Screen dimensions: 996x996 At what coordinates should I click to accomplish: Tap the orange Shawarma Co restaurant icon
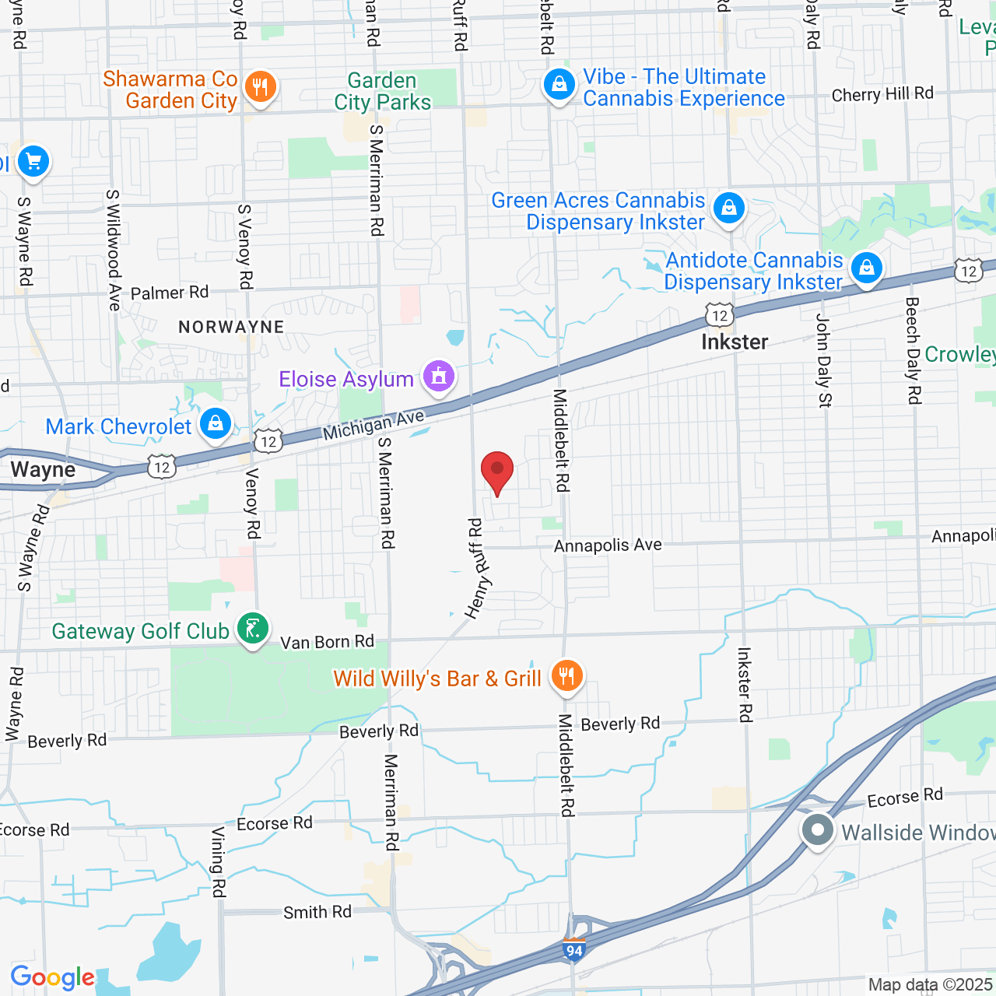(260, 87)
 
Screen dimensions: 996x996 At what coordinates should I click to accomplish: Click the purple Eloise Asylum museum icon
(439, 377)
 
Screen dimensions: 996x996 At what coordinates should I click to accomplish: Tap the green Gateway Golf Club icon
(253, 628)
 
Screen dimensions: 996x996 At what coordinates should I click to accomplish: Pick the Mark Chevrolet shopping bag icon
(215, 423)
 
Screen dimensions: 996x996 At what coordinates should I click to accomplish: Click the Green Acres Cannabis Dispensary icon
(728, 209)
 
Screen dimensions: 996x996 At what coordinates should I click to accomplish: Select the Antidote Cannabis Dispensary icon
(866, 268)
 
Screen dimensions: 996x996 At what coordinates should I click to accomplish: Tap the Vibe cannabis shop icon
(559, 85)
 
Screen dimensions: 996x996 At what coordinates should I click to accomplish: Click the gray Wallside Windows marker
(817, 829)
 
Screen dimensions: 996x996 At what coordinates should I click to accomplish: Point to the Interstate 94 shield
(573, 950)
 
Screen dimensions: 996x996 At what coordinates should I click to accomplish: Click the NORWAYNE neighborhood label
(231, 327)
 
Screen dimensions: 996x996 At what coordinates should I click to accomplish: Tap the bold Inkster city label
(735, 342)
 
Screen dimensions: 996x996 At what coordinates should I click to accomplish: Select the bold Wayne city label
(44, 470)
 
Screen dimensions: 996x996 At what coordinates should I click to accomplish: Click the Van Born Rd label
(327, 642)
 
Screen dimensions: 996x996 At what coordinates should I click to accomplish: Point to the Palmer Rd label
(170, 293)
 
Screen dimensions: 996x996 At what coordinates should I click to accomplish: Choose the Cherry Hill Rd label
(882, 94)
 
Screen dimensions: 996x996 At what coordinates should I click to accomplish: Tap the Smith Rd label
(317, 912)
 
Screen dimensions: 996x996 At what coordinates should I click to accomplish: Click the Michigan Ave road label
(374, 425)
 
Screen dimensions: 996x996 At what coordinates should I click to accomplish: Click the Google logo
(52, 977)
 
